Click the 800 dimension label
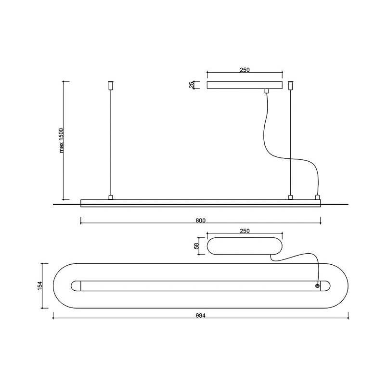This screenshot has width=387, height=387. pos(200,220)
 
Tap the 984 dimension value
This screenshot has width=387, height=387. pos(200,315)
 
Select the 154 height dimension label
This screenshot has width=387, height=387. pos(40,286)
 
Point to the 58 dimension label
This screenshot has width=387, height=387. pos(197,246)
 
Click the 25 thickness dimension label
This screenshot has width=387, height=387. pos(191,85)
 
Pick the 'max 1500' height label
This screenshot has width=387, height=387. pos(62,141)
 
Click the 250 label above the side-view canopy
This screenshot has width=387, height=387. pos(245,70)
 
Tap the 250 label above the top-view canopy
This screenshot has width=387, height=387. pos(245,231)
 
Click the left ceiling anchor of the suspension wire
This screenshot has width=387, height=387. pos(111,85)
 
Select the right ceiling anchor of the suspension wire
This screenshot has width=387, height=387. pos(291,85)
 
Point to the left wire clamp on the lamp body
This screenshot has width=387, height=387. pos(111,197)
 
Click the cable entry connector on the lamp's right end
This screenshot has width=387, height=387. pos(318,197)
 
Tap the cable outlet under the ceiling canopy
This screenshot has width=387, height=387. pos(266,90)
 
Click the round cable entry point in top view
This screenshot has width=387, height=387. pos(317,286)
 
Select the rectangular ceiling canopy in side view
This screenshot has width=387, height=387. pos(245,85)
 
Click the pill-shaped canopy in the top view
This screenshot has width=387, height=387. pos(245,246)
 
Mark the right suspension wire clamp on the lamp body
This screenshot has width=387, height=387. pos(291,197)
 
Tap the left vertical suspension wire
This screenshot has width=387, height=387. pos(111,142)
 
